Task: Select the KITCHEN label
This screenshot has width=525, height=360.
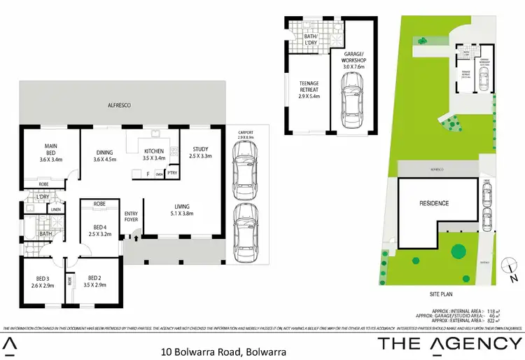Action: point(153,151)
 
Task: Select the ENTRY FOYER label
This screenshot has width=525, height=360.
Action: point(131,216)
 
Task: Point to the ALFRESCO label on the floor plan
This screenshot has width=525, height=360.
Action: point(119,104)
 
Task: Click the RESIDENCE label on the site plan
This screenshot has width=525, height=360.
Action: point(434,203)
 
